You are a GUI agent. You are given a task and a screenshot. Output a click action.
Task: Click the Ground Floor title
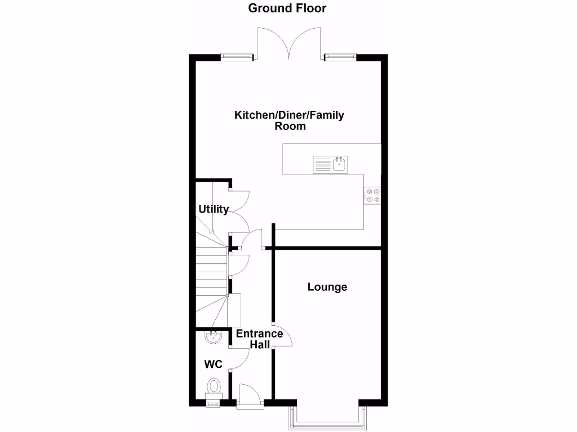click(x=287, y=8)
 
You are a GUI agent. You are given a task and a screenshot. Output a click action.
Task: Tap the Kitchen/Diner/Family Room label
click(x=289, y=120)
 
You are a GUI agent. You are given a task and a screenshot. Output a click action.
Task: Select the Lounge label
click(x=327, y=287)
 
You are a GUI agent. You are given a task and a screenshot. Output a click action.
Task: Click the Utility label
click(x=214, y=209)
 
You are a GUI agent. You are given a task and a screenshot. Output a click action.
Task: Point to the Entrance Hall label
click(x=259, y=339)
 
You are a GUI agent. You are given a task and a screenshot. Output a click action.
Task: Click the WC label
click(x=213, y=364)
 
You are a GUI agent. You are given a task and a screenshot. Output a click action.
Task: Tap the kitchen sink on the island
click(x=331, y=164)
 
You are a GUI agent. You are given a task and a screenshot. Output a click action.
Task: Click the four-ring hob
click(x=372, y=195)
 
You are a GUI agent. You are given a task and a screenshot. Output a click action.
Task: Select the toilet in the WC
click(x=214, y=388)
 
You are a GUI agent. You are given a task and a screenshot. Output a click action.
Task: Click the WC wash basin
click(x=213, y=337)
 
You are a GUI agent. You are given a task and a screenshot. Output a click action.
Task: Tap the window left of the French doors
click(x=236, y=56)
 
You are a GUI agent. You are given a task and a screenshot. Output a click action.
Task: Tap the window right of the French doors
click(x=340, y=56)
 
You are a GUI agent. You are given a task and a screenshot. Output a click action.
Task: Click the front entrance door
click(x=249, y=395)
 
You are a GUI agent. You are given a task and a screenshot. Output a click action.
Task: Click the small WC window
click(x=213, y=402)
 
